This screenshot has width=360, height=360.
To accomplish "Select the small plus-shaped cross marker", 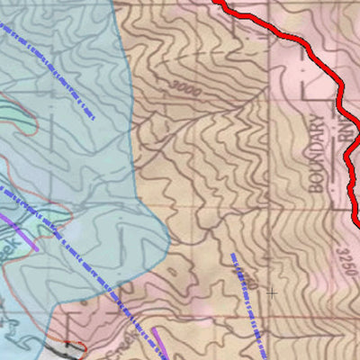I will (271, 292).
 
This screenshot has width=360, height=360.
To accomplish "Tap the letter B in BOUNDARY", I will (315, 190).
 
